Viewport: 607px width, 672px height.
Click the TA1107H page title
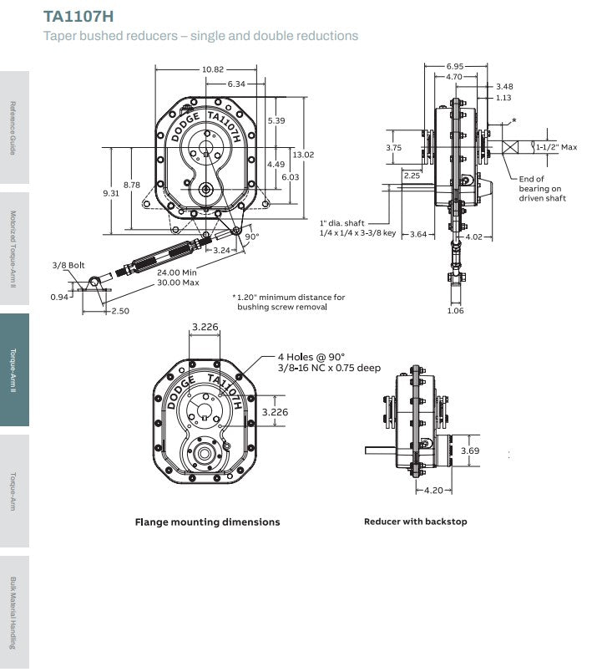click(78, 16)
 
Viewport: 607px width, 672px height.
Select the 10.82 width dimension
click(213, 69)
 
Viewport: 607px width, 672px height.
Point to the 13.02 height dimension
click(303, 155)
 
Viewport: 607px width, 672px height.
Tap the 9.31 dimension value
click(111, 193)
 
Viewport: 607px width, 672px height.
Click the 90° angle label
click(252, 237)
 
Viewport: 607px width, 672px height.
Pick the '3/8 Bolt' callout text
click(68, 265)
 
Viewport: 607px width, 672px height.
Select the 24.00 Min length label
click(177, 272)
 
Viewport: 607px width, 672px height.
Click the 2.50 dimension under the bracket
click(120, 311)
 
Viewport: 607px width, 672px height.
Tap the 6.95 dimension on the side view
click(454, 66)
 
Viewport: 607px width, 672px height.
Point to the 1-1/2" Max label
click(557, 147)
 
